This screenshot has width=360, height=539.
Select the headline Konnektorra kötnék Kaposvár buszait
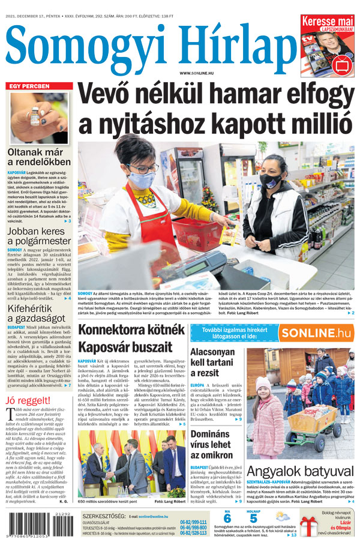(x=131, y=339)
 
